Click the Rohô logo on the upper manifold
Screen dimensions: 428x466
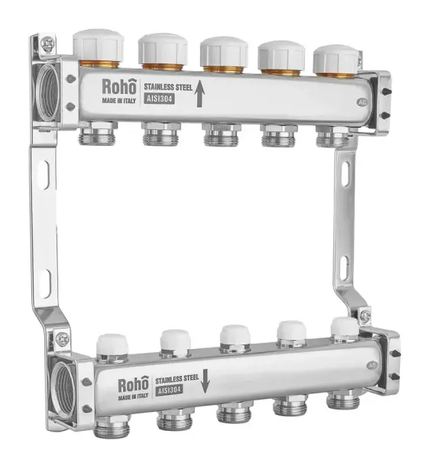tap(119, 86)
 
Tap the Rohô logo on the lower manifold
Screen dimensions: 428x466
tap(133, 384)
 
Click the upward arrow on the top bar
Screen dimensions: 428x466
tap(199, 94)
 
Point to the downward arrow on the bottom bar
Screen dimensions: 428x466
tap(205, 380)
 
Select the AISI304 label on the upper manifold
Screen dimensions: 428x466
tap(160, 99)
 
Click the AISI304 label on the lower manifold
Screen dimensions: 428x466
tap(169, 390)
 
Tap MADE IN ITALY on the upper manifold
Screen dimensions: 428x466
tap(119, 101)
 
